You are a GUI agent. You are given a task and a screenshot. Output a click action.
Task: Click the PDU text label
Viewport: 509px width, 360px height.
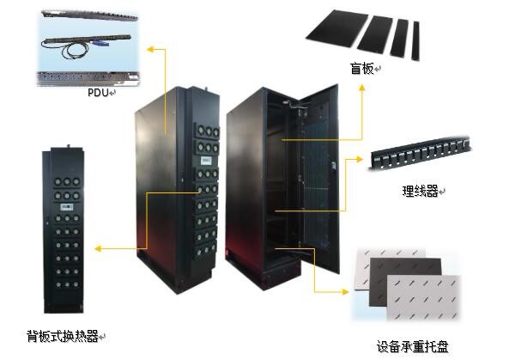click(x=98, y=93)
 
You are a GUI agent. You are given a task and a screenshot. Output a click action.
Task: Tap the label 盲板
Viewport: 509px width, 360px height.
click(x=361, y=68)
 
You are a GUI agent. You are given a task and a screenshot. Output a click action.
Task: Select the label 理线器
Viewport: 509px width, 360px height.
click(x=420, y=191)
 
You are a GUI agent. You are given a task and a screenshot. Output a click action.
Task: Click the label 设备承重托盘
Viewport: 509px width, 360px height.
click(x=412, y=346)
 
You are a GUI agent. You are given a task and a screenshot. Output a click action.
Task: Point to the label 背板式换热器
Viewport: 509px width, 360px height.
click(x=63, y=336)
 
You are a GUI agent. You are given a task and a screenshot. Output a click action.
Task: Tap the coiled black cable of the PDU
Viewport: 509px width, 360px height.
click(x=76, y=51)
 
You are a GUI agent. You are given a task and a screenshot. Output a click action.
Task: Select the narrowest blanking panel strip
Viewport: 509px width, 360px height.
click(x=415, y=41)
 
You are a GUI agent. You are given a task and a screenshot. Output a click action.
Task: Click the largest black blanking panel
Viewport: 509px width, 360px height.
click(x=337, y=29)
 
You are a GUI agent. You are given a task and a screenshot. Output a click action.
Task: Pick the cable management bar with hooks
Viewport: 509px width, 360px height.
click(x=420, y=154)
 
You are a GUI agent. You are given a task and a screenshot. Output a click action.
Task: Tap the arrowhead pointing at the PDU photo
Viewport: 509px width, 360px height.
click(x=149, y=49)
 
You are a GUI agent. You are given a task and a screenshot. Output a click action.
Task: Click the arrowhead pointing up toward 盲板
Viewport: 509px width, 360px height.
click(x=362, y=88)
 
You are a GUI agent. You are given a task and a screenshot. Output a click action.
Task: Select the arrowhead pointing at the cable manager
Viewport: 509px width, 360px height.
click(x=359, y=159)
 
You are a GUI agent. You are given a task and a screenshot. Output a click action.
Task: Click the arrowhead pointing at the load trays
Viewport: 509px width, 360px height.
click(x=345, y=292)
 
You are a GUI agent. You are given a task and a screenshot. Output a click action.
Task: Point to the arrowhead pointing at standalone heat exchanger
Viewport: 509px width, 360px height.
click(x=98, y=249)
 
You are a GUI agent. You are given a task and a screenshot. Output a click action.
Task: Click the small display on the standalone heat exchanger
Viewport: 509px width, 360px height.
click(x=67, y=207)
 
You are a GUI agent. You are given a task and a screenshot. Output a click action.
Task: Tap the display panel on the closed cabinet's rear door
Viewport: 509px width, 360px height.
click(x=206, y=160)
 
